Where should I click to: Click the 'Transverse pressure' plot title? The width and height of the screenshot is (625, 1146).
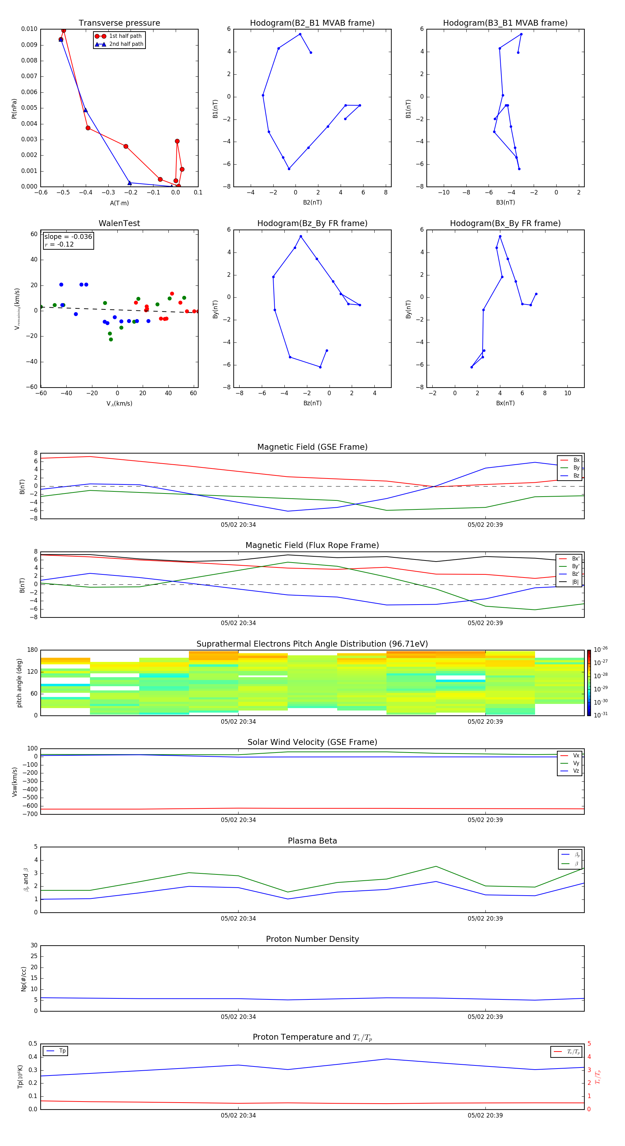point(119,23)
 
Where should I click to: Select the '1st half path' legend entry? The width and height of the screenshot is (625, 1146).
point(125,36)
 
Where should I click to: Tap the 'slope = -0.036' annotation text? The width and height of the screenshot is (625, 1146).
point(68,237)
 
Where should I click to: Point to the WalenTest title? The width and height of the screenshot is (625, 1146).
point(119,223)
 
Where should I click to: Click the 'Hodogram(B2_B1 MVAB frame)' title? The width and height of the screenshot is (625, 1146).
point(312,23)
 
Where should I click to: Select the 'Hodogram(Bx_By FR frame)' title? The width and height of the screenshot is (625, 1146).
point(505,223)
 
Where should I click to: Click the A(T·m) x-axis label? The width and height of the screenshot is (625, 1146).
point(119,203)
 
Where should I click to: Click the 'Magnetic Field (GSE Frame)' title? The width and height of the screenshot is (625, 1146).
point(312,447)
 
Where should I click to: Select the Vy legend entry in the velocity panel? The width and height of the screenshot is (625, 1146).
point(576,763)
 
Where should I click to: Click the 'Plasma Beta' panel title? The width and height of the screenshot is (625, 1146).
point(312,841)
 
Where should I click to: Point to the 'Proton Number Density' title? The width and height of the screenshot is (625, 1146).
point(312,939)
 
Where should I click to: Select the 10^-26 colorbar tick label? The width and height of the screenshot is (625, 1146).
point(601,649)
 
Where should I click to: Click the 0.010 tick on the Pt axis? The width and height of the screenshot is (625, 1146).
point(30,29)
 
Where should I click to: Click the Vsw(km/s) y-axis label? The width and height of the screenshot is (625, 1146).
point(14,782)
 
